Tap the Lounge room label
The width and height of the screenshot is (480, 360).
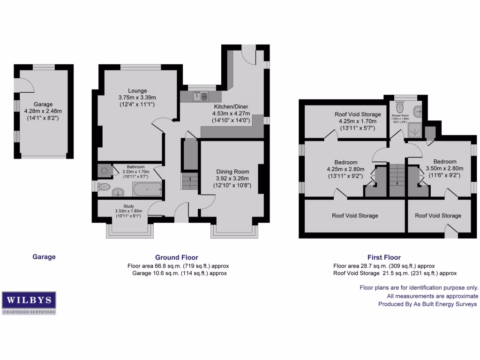coord(137,90)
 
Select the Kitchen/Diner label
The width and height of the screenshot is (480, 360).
coord(230,106)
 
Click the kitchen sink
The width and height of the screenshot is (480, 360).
coord(200,97)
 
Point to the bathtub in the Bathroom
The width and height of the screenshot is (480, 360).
coord(147,190)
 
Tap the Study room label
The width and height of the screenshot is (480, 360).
coord(128,206)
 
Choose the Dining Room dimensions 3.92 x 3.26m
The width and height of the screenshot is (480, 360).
coord(232,178)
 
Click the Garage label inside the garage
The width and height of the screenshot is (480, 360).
coord(43,104)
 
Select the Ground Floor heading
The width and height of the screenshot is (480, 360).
coord(177,257)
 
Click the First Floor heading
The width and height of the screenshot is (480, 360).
coord(384,257)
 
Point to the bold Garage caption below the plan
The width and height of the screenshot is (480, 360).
coord(44,257)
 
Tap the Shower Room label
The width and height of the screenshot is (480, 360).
coord(401,114)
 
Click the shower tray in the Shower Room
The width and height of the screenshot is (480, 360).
coord(415,129)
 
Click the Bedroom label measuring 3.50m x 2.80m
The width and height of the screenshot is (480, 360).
coord(445,162)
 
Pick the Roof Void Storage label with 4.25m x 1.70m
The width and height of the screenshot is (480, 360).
coord(358,114)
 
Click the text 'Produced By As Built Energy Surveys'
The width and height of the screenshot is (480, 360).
coord(427,304)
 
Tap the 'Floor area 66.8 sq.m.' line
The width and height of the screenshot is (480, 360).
coord(178,266)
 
